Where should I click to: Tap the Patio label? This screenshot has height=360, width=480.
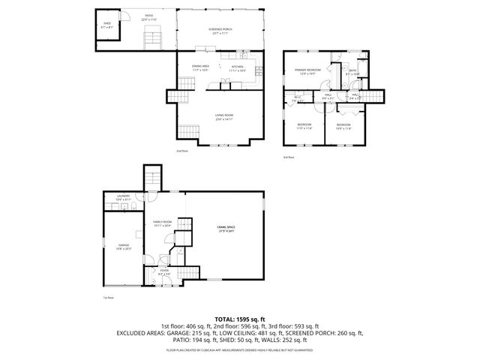149,16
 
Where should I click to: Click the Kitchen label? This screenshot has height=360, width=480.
238,67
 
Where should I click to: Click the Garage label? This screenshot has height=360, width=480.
123,247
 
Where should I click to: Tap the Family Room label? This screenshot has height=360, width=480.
162,223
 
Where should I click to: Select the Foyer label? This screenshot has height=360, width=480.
164,273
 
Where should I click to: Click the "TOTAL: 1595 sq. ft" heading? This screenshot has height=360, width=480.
239,319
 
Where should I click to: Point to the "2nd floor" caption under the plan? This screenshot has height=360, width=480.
182,151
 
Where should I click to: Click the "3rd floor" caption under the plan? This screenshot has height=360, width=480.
289,157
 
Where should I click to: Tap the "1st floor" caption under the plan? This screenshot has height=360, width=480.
108,297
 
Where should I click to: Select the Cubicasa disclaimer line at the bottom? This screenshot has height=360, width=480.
239,349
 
